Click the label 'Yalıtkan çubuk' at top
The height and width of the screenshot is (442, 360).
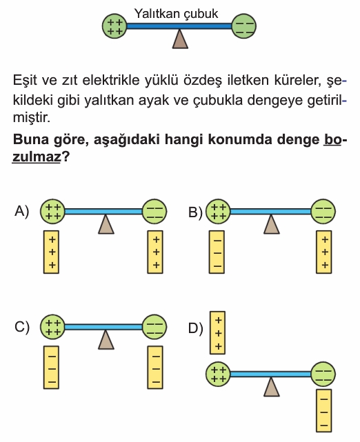[176, 14]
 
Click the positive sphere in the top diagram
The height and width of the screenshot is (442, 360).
[114, 26]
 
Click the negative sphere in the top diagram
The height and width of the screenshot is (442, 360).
[244, 26]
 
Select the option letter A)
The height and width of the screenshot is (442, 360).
[21, 211]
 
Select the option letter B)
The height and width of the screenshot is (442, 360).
[195, 212]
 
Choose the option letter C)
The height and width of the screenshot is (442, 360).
[21, 327]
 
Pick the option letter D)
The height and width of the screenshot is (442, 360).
[195, 328]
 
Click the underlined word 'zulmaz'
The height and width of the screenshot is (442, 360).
[37, 157]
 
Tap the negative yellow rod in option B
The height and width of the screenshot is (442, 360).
[217, 252]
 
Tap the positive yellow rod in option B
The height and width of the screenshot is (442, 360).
[324, 252]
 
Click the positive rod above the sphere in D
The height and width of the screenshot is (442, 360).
[217, 332]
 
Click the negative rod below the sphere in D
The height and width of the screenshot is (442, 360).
[324, 411]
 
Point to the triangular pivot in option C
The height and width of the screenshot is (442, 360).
[106, 340]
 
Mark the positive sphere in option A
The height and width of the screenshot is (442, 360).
[52, 212]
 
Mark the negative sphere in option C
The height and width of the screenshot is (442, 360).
[154, 327]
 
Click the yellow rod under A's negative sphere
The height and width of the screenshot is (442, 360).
[155, 252]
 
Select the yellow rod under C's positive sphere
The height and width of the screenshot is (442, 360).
[51, 368]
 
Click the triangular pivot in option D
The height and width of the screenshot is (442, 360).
[272, 387]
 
